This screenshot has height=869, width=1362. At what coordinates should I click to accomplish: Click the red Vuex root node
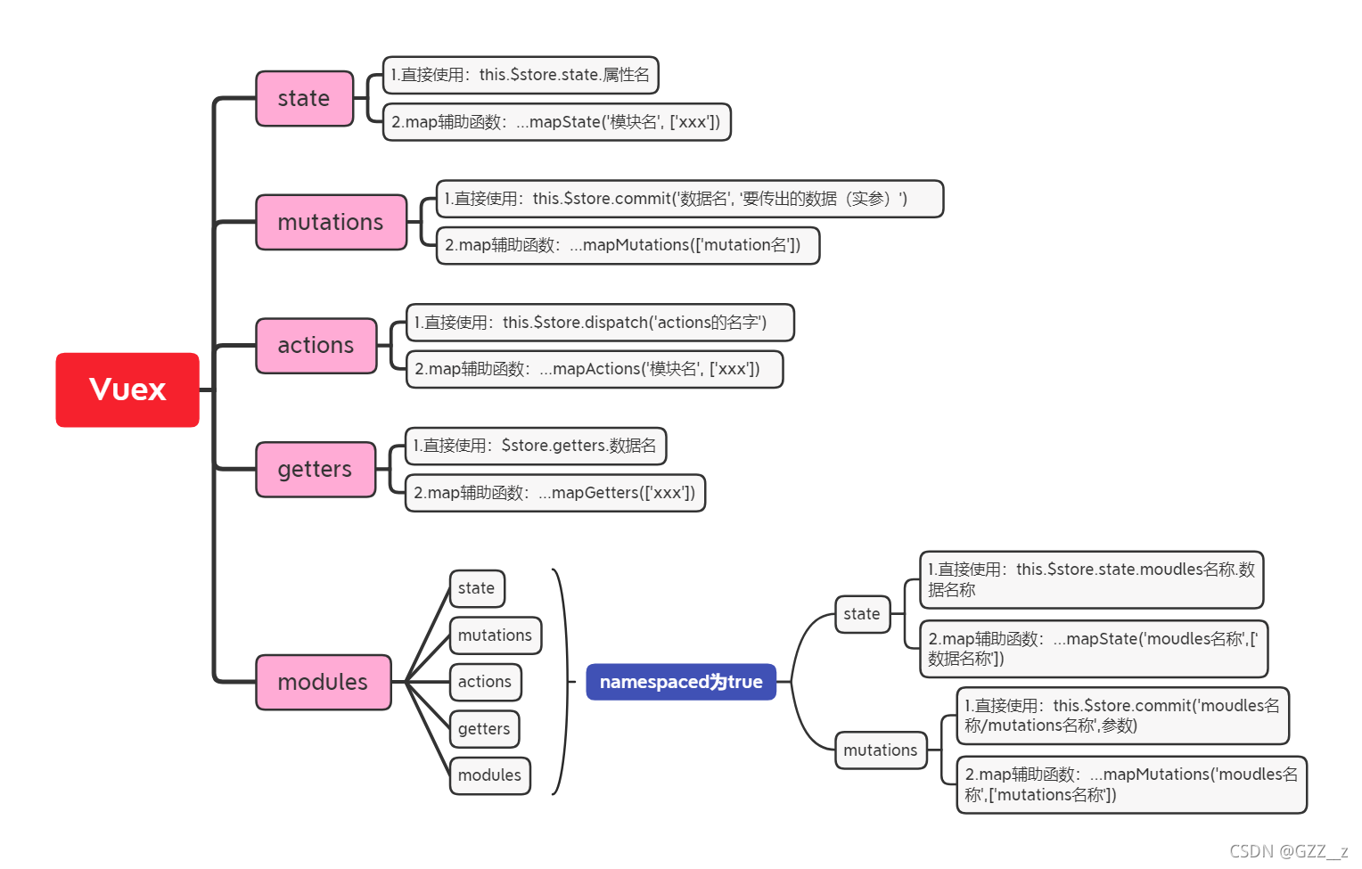(x=127, y=389)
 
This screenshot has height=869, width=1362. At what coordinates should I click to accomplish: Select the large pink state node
(x=305, y=98)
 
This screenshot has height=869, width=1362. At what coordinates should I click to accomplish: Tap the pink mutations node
(x=331, y=222)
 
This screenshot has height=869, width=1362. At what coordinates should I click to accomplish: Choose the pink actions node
(x=316, y=345)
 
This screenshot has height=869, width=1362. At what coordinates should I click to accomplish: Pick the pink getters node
(x=316, y=469)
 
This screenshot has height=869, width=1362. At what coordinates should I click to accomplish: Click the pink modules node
(x=323, y=682)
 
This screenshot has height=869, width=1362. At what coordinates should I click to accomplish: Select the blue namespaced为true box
(x=681, y=682)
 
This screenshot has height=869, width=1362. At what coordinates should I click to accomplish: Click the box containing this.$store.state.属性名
(x=521, y=75)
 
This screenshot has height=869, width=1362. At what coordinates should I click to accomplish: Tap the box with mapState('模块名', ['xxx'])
(x=556, y=122)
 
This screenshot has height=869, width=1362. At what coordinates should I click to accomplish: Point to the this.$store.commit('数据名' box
(x=689, y=199)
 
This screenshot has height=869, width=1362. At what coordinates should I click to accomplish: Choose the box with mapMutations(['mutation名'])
(x=628, y=245)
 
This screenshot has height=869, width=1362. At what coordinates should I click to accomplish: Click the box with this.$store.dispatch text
(x=599, y=323)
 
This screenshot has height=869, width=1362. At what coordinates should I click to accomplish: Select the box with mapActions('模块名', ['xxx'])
(x=594, y=369)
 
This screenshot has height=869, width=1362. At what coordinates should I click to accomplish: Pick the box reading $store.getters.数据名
(x=535, y=446)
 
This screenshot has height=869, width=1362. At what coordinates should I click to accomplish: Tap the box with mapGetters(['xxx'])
(x=554, y=493)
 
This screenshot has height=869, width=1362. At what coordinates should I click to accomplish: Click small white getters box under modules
(x=484, y=729)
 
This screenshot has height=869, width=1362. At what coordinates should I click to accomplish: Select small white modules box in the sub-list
(x=489, y=775)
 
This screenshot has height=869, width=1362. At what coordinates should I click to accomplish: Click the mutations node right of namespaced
(x=881, y=750)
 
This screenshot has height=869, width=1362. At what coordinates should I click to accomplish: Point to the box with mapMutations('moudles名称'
(x=1131, y=784)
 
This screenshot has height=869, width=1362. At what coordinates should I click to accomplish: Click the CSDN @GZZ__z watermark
(x=1288, y=851)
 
